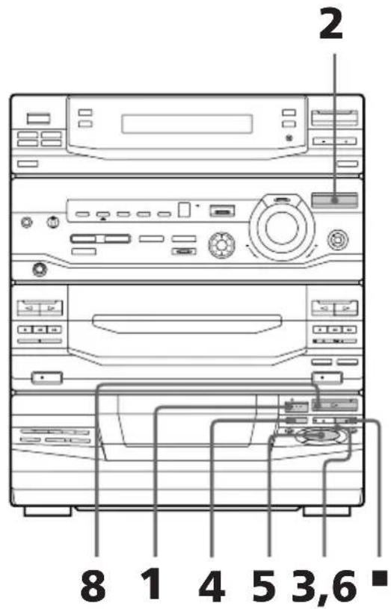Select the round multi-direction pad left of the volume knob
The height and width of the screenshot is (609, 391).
pyautogui.click(x=220, y=243)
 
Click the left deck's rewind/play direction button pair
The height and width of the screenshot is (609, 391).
pyautogui.click(x=40, y=307)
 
